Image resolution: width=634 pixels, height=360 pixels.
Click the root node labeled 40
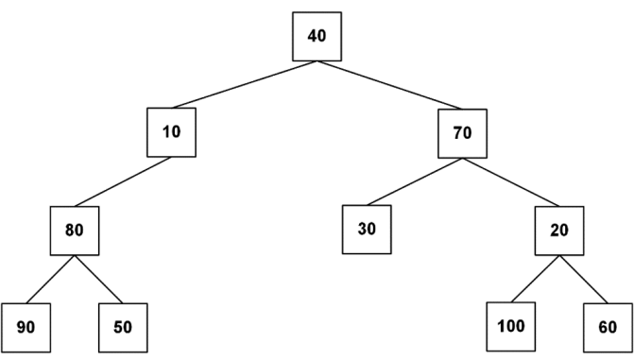point(317,37)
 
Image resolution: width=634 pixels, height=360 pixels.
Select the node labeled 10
point(171,132)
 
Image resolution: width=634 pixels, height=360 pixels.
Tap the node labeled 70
point(463,133)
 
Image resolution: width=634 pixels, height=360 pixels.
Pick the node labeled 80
point(75,231)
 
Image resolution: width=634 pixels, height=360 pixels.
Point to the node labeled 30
point(367,230)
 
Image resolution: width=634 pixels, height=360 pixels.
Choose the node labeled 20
point(559,231)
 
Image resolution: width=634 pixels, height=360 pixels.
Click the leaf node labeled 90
point(26,328)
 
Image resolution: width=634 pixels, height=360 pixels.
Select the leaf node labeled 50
point(123,328)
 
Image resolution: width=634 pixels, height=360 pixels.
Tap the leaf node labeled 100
point(511,326)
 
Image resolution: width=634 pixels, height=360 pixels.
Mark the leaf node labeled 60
point(608,328)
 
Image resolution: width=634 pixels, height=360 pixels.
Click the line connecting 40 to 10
point(245,84)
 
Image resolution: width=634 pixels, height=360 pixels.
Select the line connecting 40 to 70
point(389,85)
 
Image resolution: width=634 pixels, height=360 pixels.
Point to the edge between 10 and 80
point(123,182)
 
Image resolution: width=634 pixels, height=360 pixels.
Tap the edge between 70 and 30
point(415,182)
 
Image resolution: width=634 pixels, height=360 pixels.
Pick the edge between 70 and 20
point(511,182)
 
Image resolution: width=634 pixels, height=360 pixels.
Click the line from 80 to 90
point(50,280)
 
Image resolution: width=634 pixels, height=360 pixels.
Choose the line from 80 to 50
point(98,280)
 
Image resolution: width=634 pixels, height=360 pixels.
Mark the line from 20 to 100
point(536,279)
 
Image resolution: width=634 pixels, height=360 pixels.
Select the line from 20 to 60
point(584,280)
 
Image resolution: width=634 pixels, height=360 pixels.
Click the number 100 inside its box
point(511,326)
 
